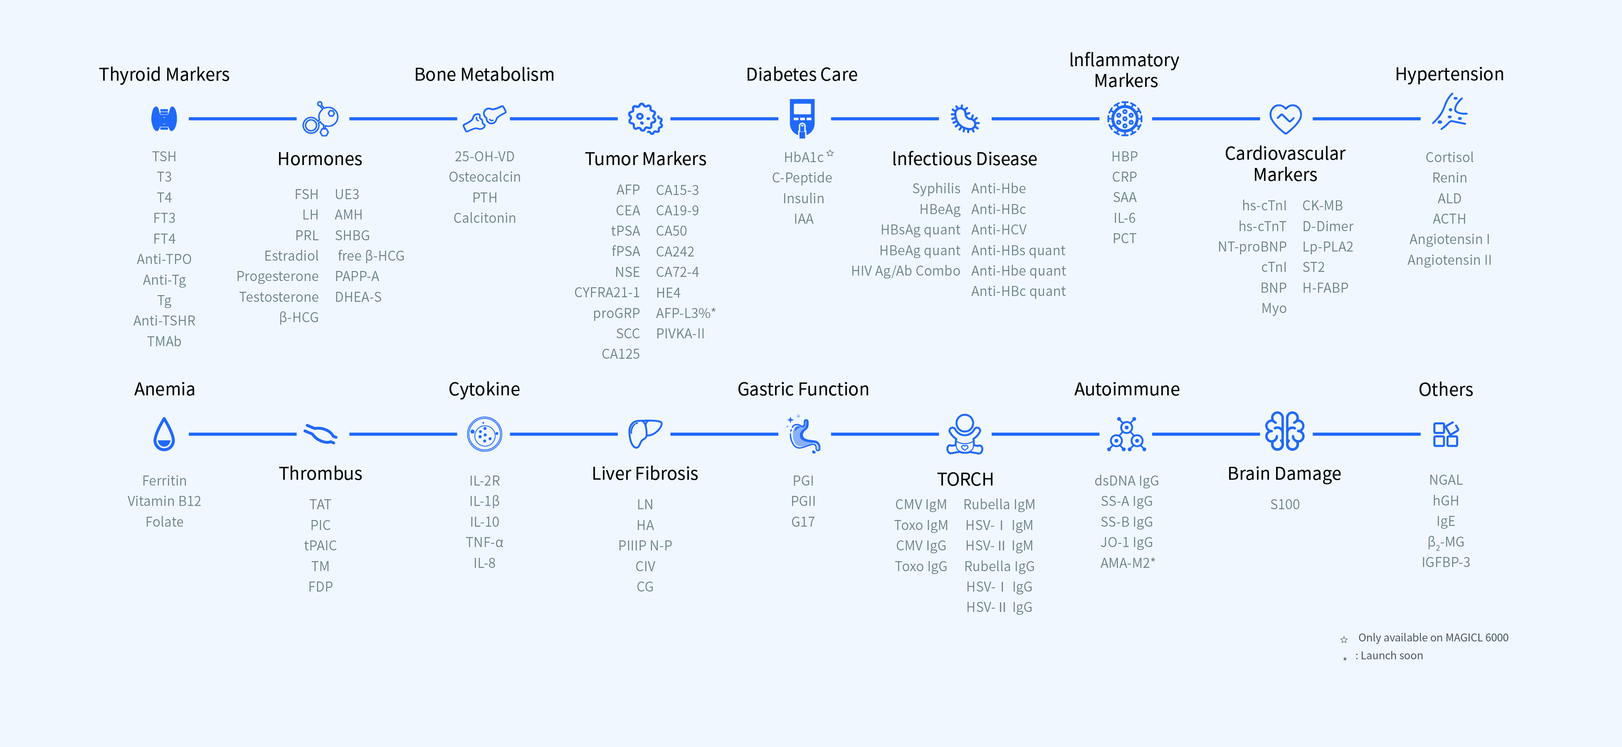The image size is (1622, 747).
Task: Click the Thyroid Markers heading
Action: tap(164, 74)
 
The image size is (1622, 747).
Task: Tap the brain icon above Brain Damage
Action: tap(1284, 432)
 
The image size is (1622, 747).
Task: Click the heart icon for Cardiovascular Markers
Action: tap(1285, 118)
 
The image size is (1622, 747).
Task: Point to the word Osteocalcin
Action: tap(484, 177)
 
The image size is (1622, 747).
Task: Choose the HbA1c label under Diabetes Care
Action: tap(803, 157)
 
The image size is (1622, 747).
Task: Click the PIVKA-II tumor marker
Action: tap(680, 333)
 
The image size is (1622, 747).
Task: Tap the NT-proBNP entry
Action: tap(1252, 247)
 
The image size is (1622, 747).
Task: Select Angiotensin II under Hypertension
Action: tap(1449, 260)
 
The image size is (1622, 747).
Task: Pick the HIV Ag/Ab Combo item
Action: tap(906, 271)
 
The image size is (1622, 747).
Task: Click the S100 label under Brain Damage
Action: tap(1284, 504)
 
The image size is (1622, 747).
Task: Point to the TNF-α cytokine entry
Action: tap(484, 542)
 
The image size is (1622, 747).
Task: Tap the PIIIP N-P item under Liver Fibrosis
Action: tap(645, 546)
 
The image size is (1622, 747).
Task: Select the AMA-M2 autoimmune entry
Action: tap(1127, 562)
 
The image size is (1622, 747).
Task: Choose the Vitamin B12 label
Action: tap(164, 501)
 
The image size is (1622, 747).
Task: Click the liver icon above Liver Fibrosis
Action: tap(645, 433)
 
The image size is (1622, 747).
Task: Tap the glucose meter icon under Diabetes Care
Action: tap(802, 118)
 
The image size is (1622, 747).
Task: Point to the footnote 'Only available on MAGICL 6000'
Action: tap(1432, 638)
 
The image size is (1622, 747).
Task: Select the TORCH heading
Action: tap(965, 480)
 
